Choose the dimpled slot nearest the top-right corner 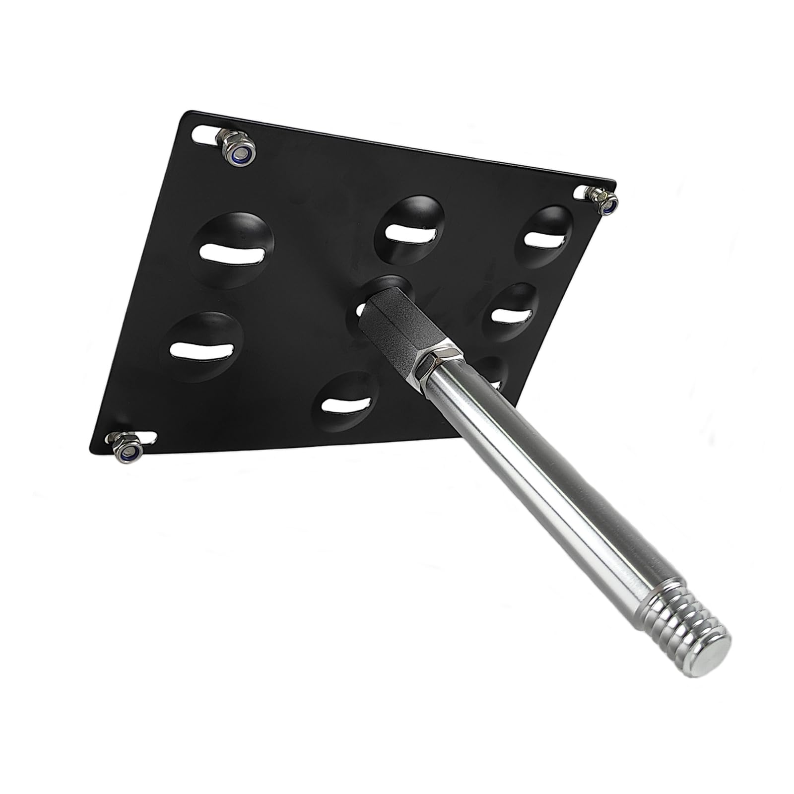point(546,237)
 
